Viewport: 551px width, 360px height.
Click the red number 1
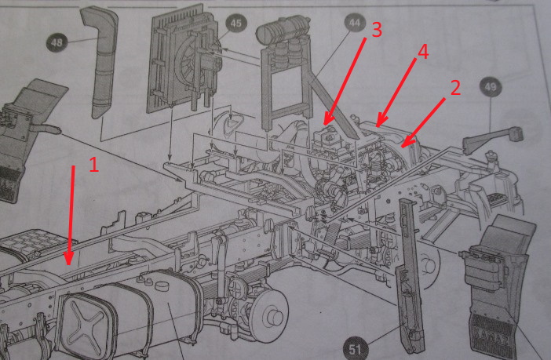[x=93, y=165]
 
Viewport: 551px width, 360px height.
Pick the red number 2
[x=454, y=86]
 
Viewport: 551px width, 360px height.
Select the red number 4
[x=422, y=53]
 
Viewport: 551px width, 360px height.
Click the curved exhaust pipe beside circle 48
[x=100, y=63]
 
